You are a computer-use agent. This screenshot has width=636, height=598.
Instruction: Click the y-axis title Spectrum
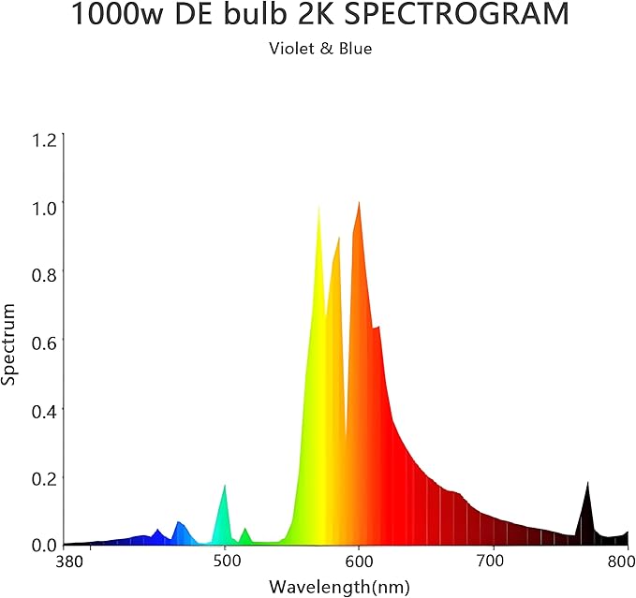point(9,343)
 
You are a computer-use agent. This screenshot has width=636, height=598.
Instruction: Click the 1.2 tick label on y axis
point(44,140)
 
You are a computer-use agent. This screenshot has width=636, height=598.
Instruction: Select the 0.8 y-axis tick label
point(44,275)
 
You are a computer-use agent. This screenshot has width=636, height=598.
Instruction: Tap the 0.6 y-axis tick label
point(44,343)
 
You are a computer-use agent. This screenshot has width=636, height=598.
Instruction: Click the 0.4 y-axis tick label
point(44,410)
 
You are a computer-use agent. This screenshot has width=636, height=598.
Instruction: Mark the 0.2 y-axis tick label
point(44,477)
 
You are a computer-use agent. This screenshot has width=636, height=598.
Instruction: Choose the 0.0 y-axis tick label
point(44,545)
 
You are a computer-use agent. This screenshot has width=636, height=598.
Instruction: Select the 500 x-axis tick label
point(226,562)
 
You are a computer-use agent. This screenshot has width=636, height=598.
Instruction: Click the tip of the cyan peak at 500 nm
point(225,485)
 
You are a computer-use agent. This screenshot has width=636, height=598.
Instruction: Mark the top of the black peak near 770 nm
point(587,482)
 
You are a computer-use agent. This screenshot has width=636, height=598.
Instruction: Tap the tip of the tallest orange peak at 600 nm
point(359,202)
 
